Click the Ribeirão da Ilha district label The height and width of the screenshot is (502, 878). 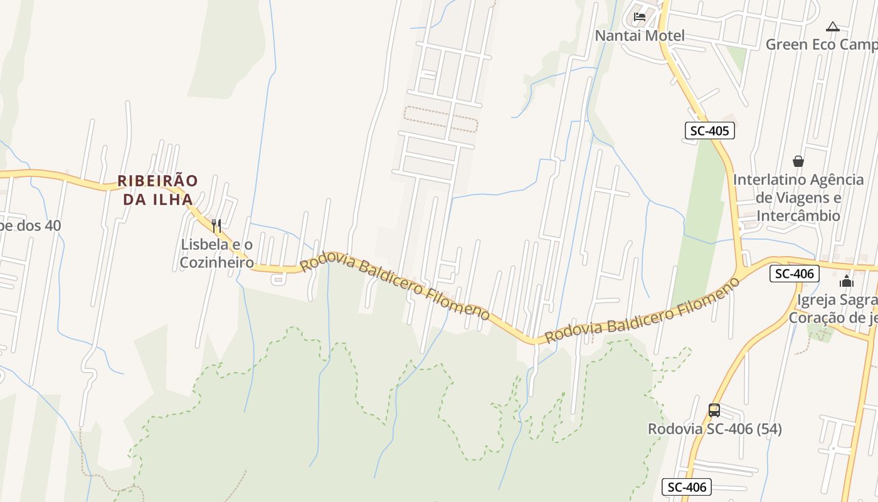click(157, 190)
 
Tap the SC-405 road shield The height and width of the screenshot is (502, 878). click(709, 131)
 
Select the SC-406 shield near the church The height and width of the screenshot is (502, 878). click(795, 274)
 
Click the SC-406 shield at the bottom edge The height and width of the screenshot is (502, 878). click(687, 487)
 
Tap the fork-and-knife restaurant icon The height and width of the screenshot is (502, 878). click(216, 226)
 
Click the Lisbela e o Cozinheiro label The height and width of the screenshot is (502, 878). click(216, 254)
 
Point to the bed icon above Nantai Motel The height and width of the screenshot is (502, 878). click(640, 16)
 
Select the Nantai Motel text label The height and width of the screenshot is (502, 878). click(640, 36)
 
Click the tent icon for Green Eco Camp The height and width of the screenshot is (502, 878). click(832, 26)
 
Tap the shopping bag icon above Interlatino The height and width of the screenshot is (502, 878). click(798, 161)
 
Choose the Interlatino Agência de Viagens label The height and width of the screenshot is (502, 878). click(798, 198)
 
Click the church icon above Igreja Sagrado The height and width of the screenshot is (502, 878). click(847, 281)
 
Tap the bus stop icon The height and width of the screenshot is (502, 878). click(714, 410)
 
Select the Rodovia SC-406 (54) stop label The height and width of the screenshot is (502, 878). click(714, 429)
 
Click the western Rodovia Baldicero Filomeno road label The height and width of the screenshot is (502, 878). click(394, 287)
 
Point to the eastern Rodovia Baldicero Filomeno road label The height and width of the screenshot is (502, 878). click(642, 311)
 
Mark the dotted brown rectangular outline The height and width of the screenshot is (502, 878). click(440, 119)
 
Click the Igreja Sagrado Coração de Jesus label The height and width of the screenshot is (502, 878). click(833, 309)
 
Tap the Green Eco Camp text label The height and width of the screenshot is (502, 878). click(822, 45)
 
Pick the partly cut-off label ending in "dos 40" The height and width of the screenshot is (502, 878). click(30, 225)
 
